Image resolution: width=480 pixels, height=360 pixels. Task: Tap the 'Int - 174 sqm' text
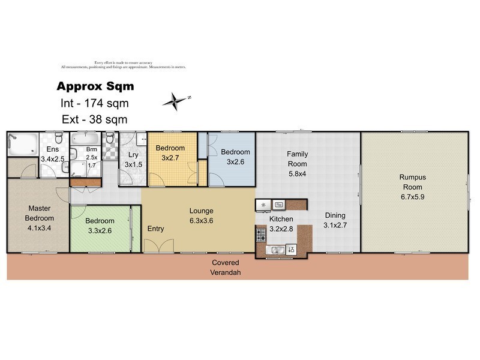(x=95, y=103)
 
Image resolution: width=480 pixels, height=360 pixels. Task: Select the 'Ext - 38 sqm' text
(x=95, y=119)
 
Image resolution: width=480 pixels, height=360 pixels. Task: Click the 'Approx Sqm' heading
(x=95, y=86)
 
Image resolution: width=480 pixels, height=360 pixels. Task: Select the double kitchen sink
(x=277, y=250)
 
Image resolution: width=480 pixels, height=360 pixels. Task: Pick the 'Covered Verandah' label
(x=225, y=268)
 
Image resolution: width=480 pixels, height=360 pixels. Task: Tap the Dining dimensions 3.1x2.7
(x=335, y=226)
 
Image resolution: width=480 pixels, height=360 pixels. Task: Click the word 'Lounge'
(x=202, y=211)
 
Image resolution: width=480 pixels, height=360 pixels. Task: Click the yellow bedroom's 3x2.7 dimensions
(x=171, y=158)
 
